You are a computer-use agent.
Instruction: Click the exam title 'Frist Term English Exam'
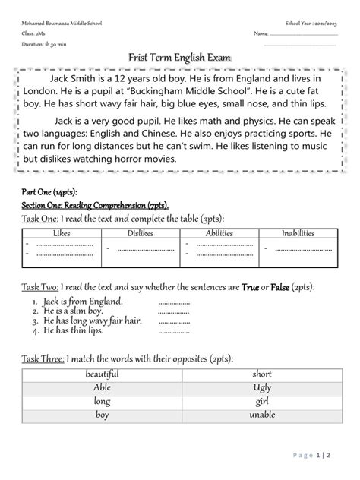(179, 58)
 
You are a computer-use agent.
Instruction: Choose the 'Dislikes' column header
(141, 213)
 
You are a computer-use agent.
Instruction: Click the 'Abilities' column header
(219, 213)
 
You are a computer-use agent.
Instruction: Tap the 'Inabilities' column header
(298, 213)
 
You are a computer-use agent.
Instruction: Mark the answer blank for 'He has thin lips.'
(174, 332)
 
